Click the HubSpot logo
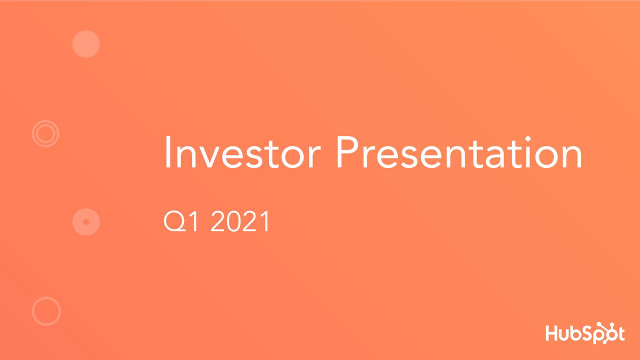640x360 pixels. [x=584, y=333]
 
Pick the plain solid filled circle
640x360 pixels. [x=86, y=44]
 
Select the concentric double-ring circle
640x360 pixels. [x=45, y=133]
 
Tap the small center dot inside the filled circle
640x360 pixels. [x=86, y=221]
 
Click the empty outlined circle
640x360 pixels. [x=46, y=311]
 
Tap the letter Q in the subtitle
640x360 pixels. [x=172, y=221]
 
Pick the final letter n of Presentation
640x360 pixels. [x=571, y=156]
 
